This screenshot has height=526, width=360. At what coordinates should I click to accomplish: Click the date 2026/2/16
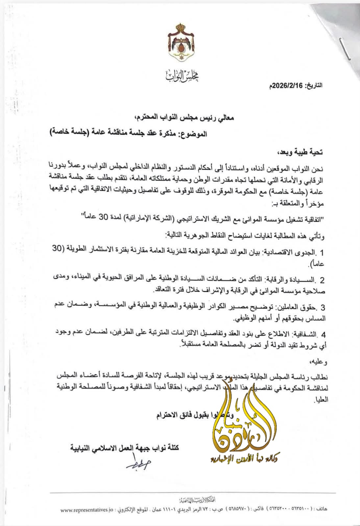[x=287, y=85]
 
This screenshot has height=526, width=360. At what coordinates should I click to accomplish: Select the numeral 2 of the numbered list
[x=322, y=280]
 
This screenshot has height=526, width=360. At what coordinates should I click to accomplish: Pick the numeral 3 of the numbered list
[x=323, y=308]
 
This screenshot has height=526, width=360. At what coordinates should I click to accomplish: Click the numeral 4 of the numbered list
[x=323, y=335]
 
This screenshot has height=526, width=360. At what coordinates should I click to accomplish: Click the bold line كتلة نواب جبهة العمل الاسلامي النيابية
[x=125, y=448]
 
